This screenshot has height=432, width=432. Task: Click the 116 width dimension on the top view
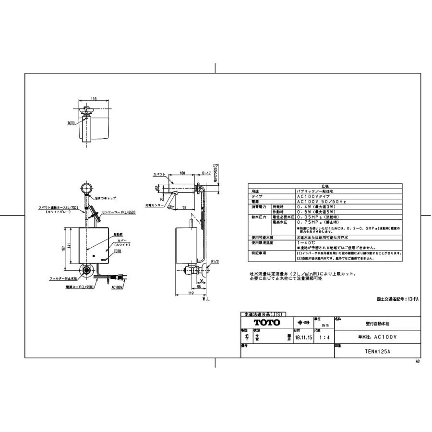pyautogui.click(x=94, y=98)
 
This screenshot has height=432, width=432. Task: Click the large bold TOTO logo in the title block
pyautogui.click(x=266, y=323)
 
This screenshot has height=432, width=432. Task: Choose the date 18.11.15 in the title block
pyautogui.click(x=303, y=337)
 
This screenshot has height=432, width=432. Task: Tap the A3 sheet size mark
pyautogui.click(x=417, y=361)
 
